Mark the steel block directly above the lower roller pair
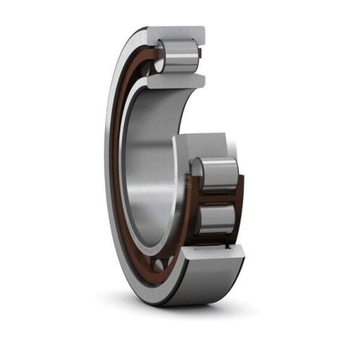point(207,148)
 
